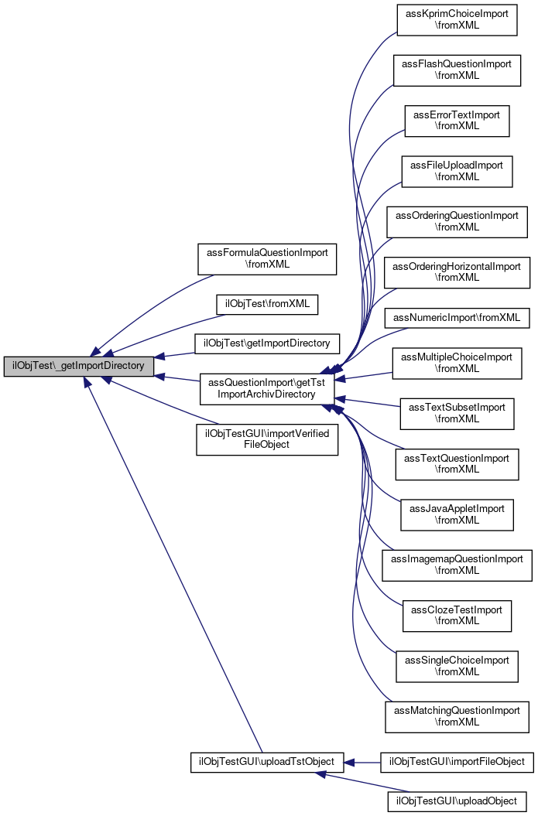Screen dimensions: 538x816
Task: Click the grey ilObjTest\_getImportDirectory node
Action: pos(79,366)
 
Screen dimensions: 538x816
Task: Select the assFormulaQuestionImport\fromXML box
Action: pos(267,259)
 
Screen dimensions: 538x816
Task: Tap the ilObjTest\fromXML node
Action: pos(267,304)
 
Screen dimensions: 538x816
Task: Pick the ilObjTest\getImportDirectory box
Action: pos(267,343)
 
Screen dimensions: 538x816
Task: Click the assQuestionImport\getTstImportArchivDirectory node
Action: pos(266,389)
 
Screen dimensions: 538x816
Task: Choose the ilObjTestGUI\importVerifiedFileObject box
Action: pos(267,439)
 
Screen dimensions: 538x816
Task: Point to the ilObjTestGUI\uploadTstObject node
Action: pos(266,762)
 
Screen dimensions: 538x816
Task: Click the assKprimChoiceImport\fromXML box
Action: pos(457,20)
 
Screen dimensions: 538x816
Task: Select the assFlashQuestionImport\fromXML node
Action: pos(457,70)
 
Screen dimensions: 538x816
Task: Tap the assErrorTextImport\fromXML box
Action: pos(457,121)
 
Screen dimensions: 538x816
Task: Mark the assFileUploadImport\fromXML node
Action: pos(457,171)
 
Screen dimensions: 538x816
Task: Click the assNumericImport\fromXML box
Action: pos(457,318)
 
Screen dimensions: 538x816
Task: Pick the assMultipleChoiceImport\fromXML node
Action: pos(457,364)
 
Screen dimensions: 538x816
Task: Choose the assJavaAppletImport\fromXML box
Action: pos(457,514)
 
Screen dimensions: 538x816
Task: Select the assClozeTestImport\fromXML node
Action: pos(457,616)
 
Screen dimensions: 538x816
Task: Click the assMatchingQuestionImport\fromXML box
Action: pos(457,716)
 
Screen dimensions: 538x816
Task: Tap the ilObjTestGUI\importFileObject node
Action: pos(457,762)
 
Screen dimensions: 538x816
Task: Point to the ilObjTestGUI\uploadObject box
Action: pos(457,801)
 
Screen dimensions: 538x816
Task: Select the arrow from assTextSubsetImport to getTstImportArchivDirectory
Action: pos(367,403)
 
